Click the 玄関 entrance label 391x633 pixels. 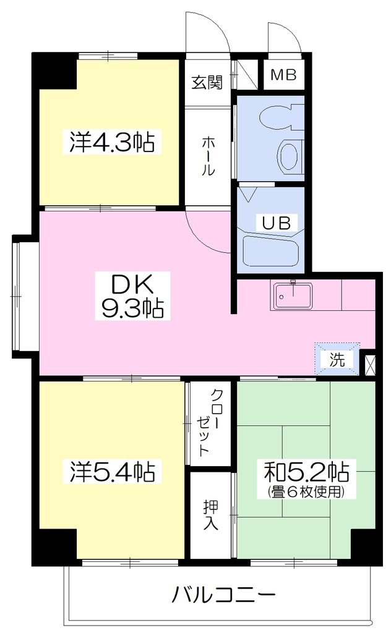pyautogui.click(x=207, y=82)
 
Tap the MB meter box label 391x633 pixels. pyautogui.click(x=283, y=75)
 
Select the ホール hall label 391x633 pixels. pyautogui.click(x=208, y=156)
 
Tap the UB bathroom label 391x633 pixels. pyautogui.click(x=277, y=223)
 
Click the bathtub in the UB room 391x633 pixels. pyautogui.click(x=271, y=251)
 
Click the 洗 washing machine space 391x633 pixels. pyautogui.click(x=337, y=359)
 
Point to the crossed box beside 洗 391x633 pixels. pyautogui.click(x=370, y=365)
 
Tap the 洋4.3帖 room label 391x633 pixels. pyautogui.click(x=112, y=142)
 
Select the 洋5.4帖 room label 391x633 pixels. pyautogui.click(x=112, y=471)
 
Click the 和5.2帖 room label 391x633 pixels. pyautogui.click(x=307, y=471)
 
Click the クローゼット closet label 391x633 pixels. pyautogui.click(x=209, y=422)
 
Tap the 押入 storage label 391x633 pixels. pyautogui.click(x=211, y=515)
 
